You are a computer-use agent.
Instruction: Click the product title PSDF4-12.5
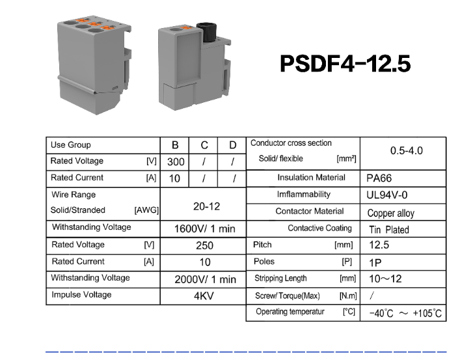click(x=345, y=63)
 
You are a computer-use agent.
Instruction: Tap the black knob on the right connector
click(x=206, y=32)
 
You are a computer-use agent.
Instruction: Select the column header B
click(x=175, y=145)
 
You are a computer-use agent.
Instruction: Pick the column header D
click(x=233, y=145)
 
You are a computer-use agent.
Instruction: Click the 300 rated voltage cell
click(x=176, y=162)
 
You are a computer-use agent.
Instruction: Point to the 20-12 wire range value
click(x=206, y=206)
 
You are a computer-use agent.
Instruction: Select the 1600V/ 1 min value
click(x=205, y=228)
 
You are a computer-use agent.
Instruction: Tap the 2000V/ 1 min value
click(x=206, y=279)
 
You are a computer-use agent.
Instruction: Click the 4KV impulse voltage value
click(x=204, y=296)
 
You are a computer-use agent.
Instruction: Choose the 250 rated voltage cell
click(x=204, y=245)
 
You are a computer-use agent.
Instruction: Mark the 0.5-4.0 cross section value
click(x=406, y=150)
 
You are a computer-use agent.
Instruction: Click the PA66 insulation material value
click(x=379, y=178)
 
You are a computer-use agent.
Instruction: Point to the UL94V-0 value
click(x=387, y=195)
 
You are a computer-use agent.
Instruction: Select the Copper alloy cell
click(x=391, y=213)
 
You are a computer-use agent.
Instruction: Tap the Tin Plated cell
click(x=389, y=230)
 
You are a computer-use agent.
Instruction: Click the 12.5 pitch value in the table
click(x=379, y=245)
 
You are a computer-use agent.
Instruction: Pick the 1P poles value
click(x=375, y=262)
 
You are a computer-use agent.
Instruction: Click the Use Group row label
click(x=71, y=145)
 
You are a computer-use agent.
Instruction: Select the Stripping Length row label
click(x=280, y=279)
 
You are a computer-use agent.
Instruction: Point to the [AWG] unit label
click(x=146, y=210)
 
